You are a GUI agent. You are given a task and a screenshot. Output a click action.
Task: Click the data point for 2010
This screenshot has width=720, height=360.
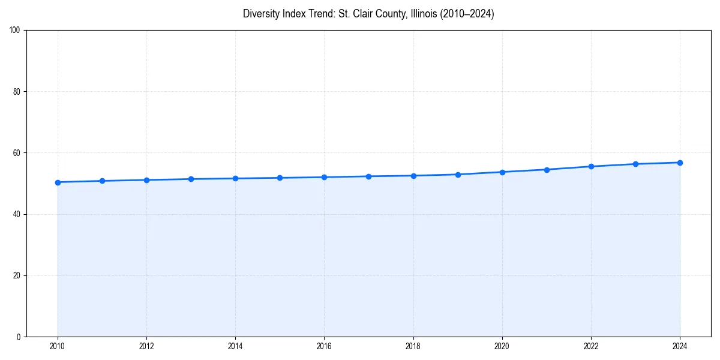(x=58, y=182)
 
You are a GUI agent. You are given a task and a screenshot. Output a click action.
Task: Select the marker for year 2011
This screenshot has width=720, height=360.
(x=102, y=181)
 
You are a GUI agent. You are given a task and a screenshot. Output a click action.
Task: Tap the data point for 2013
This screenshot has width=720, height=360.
(x=191, y=179)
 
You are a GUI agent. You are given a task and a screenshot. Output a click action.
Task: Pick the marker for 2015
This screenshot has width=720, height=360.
(x=280, y=178)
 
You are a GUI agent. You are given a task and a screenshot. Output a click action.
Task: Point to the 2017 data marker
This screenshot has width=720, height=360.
(x=368, y=176)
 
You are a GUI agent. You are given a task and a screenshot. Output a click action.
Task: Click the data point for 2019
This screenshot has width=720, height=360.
(x=458, y=175)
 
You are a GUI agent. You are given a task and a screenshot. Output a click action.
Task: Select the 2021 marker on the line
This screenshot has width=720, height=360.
(x=547, y=170)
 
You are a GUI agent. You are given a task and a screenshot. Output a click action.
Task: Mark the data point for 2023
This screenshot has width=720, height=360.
(x=635, y=164)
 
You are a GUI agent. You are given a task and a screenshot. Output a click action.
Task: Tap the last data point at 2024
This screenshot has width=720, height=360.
(x=680, y=163)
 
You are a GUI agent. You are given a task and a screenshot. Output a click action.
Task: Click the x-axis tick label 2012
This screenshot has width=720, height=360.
(x=146, y=346)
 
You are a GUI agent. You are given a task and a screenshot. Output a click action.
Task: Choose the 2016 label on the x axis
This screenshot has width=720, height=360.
(x=324, y=346)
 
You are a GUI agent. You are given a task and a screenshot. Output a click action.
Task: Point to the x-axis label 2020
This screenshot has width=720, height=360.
(x=502, y=346)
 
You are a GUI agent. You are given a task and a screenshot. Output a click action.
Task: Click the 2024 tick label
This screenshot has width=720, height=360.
(x=680, y=346)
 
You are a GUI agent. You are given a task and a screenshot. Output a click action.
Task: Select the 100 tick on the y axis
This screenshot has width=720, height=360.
(x=16, y=30)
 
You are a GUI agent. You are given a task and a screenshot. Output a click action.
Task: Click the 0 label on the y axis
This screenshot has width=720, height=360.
(x=19, y=337)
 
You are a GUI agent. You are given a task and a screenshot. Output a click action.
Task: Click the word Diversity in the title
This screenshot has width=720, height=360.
(x=261, y=14)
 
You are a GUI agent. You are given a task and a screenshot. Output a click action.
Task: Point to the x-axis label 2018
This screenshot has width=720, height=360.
(x=413, y=346)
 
